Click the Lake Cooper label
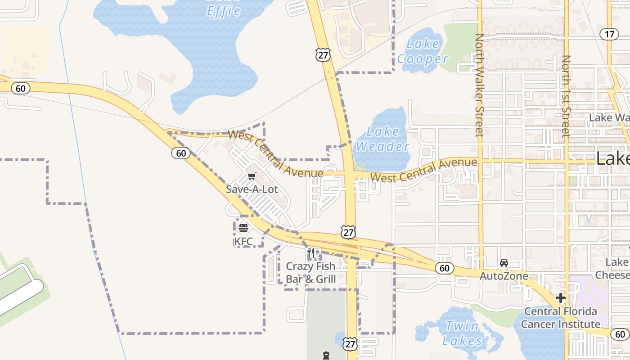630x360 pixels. [x=423, y=51]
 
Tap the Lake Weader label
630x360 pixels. [x=382, y=139]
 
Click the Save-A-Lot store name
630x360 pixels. [x=252, y=189]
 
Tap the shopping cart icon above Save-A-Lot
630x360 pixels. [x=252, y=176]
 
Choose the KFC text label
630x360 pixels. [x=243, y=241]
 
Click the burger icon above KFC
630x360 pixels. [x=243, y=228]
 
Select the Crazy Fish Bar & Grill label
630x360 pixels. [x=311, y=273]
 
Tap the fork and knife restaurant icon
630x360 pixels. [x=310, y=253]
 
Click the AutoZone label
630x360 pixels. [x=504, y=275]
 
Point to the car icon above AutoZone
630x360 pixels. [x=504, y=263]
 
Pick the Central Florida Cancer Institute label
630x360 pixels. [x=561, y=318]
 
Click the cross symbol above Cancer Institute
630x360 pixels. [x=561, y=298]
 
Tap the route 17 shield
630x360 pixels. [x=610, y=34]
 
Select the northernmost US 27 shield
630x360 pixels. [x=323, y=55]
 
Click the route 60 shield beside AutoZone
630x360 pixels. [x=444, y=268]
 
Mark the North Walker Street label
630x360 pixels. [x=479, y=85]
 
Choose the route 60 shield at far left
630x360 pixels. [x=21, y=88]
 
